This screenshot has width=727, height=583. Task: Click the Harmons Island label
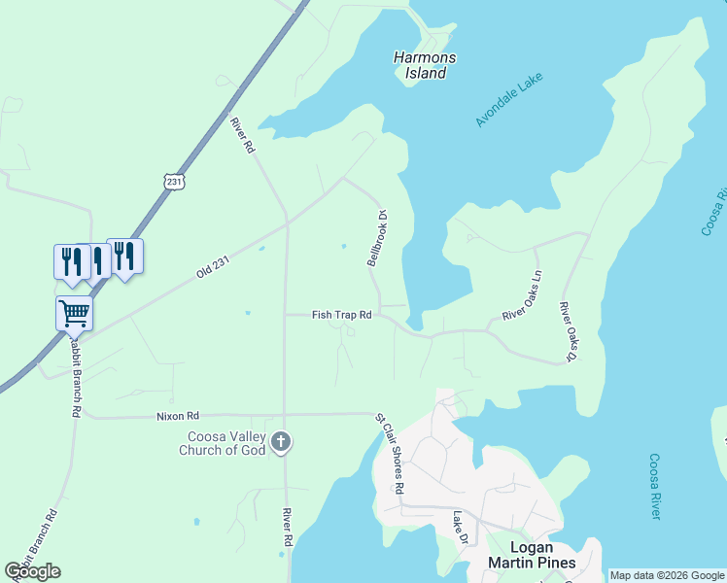(x=424, y=65)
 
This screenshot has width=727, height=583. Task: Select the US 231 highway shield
(x=174, y=182)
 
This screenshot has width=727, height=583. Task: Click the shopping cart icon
(x=74, y=314)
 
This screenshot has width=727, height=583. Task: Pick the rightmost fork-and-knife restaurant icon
(x=124, y=257)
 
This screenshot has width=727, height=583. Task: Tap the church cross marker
(x=281, y=443)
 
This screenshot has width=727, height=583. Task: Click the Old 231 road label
(x=217, y=264)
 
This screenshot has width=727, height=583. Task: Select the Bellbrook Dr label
(x=376, y=238)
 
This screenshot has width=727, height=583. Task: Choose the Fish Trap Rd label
(x=341, y=315)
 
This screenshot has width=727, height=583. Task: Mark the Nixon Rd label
(x=177, y=414)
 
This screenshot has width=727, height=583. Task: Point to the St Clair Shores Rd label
(x=390, y=453)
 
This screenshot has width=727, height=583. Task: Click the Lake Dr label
(x=461, y=528)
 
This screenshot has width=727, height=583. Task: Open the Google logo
(x=33, y=571)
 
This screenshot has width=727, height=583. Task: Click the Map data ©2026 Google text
(x=667, y=575)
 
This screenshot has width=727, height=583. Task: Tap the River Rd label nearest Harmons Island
(x=241, y=135)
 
